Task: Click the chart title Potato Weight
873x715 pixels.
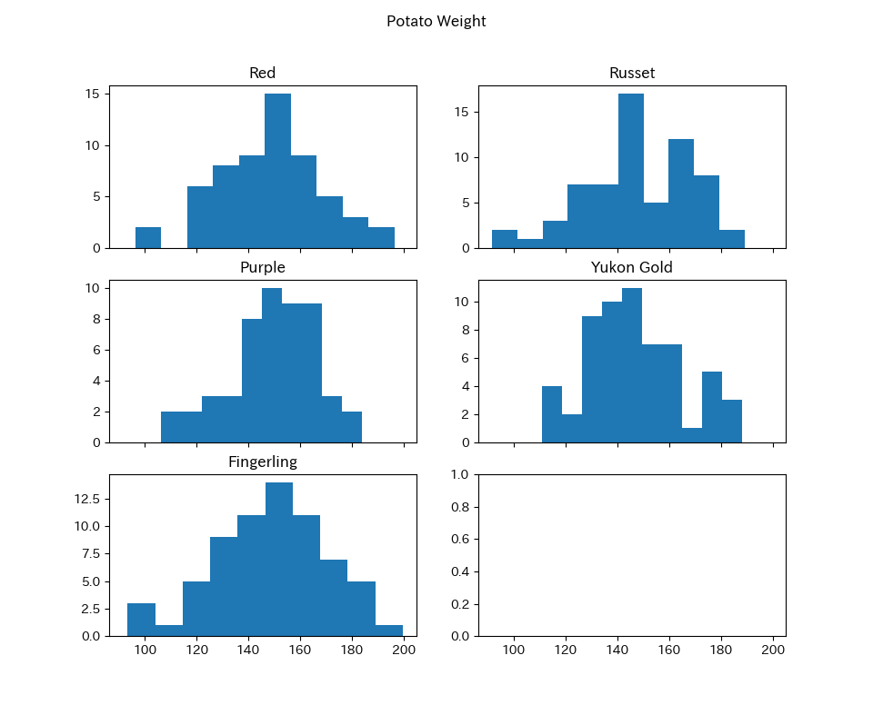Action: point(436,21)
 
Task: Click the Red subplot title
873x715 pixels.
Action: point(262,73)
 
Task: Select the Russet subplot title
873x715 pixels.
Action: point(632,73)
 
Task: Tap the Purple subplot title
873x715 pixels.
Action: point(262,267)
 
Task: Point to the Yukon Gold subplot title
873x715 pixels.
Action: point(632,267)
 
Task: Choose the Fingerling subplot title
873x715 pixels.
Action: point(262,462)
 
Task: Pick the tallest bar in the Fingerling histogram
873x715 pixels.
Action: point(279,559)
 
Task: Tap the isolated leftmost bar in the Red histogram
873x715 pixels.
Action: point(148,237)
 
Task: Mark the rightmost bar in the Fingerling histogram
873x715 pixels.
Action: point(389,630)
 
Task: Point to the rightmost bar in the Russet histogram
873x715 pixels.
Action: point(732,239)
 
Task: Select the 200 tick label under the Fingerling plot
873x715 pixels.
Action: point(404,650)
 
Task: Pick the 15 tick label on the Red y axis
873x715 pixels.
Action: point(92,94)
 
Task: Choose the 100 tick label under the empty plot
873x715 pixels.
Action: point(514,650)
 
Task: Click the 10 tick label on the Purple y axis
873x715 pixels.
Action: point(92,288)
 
